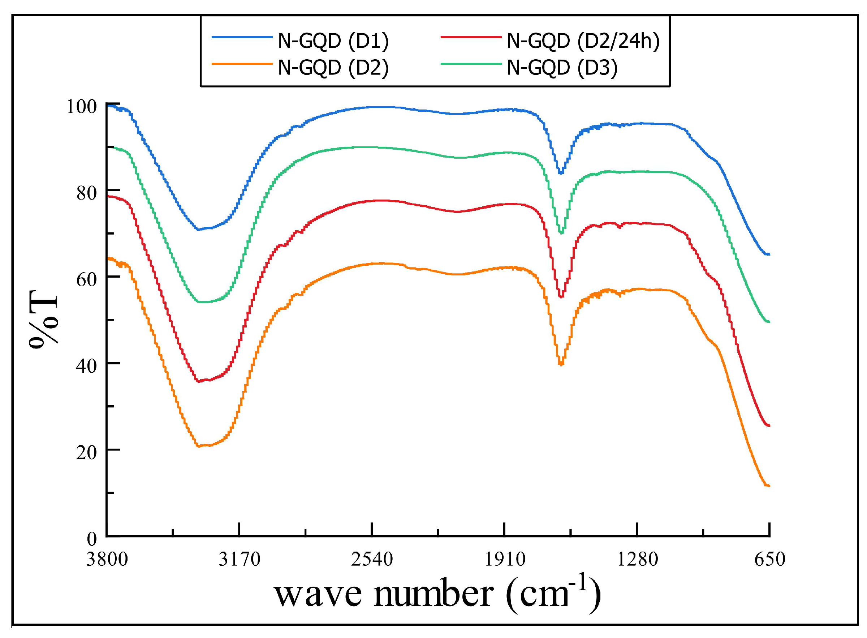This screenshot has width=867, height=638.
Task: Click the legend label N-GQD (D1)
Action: coord(333,41)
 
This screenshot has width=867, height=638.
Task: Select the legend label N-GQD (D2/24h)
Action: coord(583,41)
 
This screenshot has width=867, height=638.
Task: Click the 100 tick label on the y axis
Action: coord(81,107)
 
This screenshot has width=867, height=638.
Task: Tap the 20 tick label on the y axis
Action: coord(86,453)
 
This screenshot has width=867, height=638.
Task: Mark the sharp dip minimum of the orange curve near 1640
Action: coord(561,364)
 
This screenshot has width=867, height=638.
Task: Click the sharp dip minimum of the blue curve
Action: coord(561,173)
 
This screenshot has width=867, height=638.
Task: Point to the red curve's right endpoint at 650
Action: coord(769,425)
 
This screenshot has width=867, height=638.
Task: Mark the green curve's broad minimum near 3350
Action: coord(203,302)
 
